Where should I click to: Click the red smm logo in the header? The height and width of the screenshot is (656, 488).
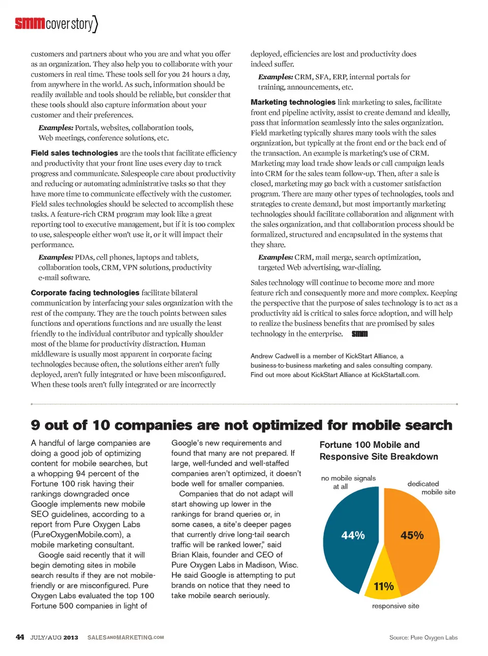click(29, 23)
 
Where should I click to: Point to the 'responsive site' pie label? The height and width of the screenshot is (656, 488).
click(395, 606)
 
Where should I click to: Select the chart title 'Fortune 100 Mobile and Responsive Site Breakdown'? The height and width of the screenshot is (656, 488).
click(378, 451)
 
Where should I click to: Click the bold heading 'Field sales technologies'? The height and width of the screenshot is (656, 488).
click(74, 153)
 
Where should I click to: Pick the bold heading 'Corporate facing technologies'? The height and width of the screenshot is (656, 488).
click(85, 293)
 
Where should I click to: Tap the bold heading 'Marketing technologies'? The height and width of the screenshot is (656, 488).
click(293, 102)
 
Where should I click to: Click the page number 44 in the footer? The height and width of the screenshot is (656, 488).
click(20, 637)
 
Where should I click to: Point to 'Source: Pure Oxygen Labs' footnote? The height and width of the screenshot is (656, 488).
click(423, 637)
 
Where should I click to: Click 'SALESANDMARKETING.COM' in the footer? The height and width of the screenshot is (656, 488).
click(126, 637)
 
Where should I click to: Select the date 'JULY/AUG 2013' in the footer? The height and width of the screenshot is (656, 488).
click(54, 637)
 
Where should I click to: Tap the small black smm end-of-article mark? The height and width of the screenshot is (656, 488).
click(359, 334)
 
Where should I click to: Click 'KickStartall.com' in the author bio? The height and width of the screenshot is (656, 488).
click(395, 375)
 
